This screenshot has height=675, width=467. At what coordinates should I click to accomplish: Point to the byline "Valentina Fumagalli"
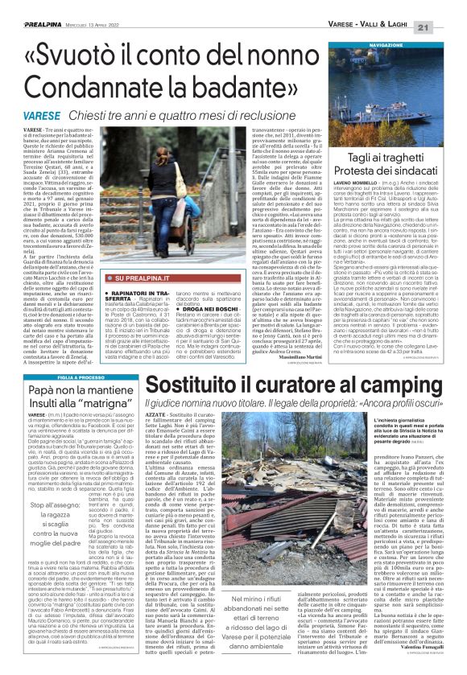pyautogui.click(x=423, y=658)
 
